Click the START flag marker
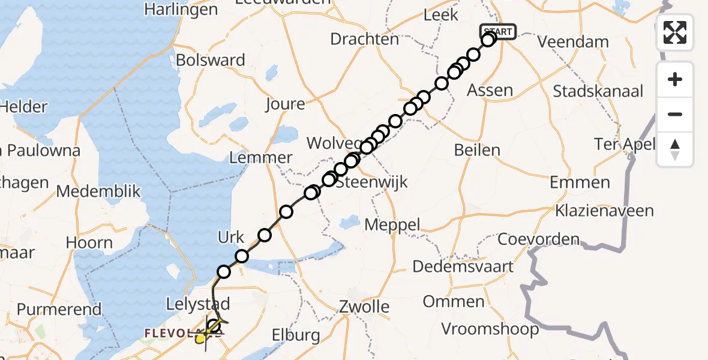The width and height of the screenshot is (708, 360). (x=497, y=32)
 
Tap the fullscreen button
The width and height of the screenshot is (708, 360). (x=675, y=32)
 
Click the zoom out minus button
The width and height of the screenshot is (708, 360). (x=675, y=114)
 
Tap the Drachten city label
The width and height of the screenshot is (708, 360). (x=365, y=40)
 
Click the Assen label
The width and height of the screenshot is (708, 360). (x=490, y=91)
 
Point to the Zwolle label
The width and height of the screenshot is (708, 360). (x=364, y=307)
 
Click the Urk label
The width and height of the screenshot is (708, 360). (x=232, y=238)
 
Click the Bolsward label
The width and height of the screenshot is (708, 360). (x=211, y=61)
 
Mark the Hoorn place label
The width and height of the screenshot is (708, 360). (x=89, y=243)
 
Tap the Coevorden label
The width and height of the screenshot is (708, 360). (x=539, y=239)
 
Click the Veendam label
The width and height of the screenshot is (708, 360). (x=573, y=43)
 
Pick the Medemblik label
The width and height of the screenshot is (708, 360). (x=98, y=192)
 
